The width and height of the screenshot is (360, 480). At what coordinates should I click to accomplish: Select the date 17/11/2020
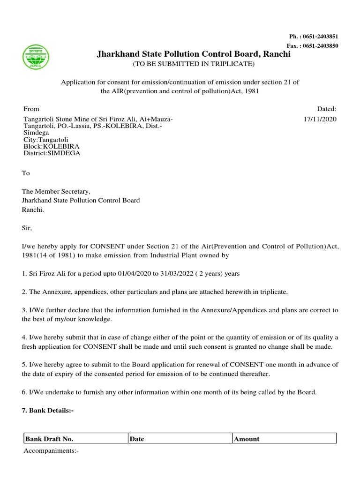click(320, 119)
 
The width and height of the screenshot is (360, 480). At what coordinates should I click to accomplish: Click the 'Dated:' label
click(327, 108)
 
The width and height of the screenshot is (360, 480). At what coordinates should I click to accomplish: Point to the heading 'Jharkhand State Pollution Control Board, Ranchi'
click(193, 54)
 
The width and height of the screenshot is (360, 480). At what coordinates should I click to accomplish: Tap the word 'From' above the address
click(31, 108)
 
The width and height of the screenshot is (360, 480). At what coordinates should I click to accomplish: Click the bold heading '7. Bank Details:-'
click(48, 410)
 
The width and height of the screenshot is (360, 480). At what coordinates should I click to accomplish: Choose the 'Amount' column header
click(247, 439)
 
